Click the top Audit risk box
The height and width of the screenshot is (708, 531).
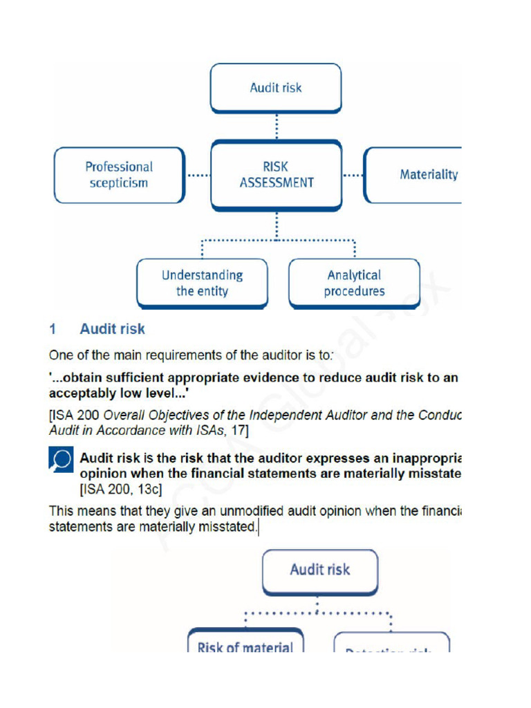pos(275,88)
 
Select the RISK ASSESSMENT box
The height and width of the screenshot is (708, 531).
pos(276,175)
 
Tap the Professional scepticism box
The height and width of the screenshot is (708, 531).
pos(119,175)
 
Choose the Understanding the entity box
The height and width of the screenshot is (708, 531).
pos(202,283)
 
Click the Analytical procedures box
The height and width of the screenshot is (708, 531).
pos(354,283)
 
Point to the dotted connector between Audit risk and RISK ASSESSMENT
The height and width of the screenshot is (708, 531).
pos(276,127)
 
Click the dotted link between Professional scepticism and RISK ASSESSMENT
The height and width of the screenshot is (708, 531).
pos(198,176)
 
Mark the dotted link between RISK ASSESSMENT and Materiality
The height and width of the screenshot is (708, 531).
pos(353,176)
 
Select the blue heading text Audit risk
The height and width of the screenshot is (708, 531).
pos(112,329)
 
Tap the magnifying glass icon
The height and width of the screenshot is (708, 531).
pos(60,460)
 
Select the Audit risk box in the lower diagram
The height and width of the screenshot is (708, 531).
pos(319,570)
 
